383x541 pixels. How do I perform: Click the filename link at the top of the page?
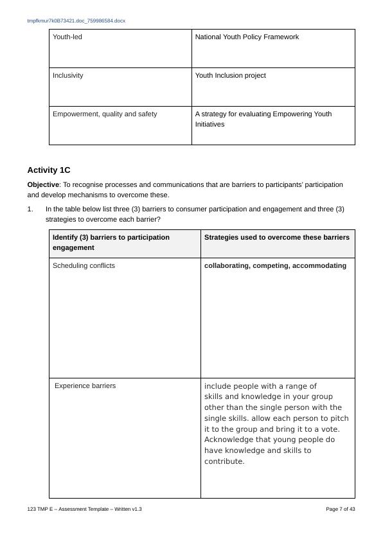coord(76,21)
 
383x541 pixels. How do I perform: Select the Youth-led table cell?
coord(67,37)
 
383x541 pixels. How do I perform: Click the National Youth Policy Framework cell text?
coord(247,37)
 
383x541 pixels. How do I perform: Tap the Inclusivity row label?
coord(67,76)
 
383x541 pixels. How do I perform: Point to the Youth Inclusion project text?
coord(230,76)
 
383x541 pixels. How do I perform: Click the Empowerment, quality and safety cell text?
coord(105,114)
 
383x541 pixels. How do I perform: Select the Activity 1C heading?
coord(49,170)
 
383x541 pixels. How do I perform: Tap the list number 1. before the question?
coord(30,209)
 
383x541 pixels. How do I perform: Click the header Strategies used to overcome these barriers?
coord(276,238)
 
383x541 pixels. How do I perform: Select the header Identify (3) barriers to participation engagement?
coord(111,242)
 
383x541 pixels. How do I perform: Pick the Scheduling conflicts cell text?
coord(84,266)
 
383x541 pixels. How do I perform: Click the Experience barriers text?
coord(85,386)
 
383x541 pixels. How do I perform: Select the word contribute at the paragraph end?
coord(223,461)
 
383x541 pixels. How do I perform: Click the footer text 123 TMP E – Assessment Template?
coord(84,510)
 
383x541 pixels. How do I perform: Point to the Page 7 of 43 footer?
coord(341,510)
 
